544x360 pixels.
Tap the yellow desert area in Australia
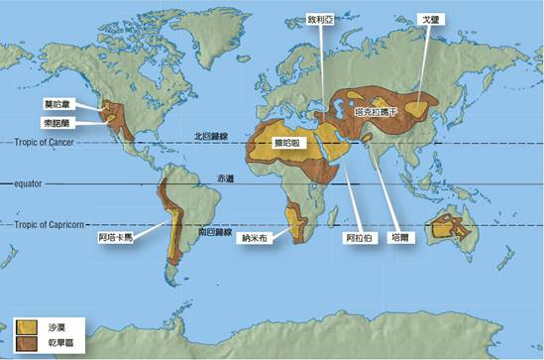[x=458, y=230]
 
